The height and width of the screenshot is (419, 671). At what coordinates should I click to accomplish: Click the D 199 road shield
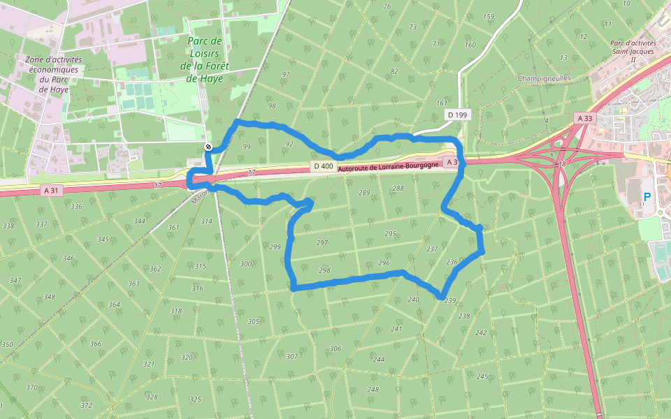click(457, 115)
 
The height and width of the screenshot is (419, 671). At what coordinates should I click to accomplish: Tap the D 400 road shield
click(322, 166)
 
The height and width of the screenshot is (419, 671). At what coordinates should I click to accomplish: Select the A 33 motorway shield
click(585, 119)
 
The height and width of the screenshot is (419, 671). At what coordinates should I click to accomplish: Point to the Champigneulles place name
click(544, 78)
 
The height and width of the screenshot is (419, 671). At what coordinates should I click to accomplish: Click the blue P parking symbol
click(647, 197)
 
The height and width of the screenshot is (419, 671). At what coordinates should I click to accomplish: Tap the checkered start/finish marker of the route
click(208, 146)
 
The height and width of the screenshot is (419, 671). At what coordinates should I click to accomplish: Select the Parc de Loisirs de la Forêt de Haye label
click(204, 59)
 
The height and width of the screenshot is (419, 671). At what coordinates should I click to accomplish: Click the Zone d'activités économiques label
click(53, 74)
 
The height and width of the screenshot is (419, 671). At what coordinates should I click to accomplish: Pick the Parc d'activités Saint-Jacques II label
click(633, 51)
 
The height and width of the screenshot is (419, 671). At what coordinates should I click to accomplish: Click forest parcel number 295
click(390, 234)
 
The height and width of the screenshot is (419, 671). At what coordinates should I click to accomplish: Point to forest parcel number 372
click(86, 405)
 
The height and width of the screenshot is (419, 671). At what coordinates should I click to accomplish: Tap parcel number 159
click(489, 17)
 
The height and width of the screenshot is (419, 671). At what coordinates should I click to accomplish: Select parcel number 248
click(373, 389)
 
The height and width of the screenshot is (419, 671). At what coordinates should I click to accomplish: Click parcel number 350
click(7, 345)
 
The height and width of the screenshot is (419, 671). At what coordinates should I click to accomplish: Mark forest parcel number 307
click(291, 357)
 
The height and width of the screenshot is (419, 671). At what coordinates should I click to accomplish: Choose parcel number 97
click(286, 74)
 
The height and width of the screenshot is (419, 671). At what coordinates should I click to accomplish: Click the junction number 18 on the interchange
click(561, 164)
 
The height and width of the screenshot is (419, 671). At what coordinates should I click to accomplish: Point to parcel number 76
click(387, 7)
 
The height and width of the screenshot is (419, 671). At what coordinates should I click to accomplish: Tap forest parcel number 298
click(324, 270)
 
